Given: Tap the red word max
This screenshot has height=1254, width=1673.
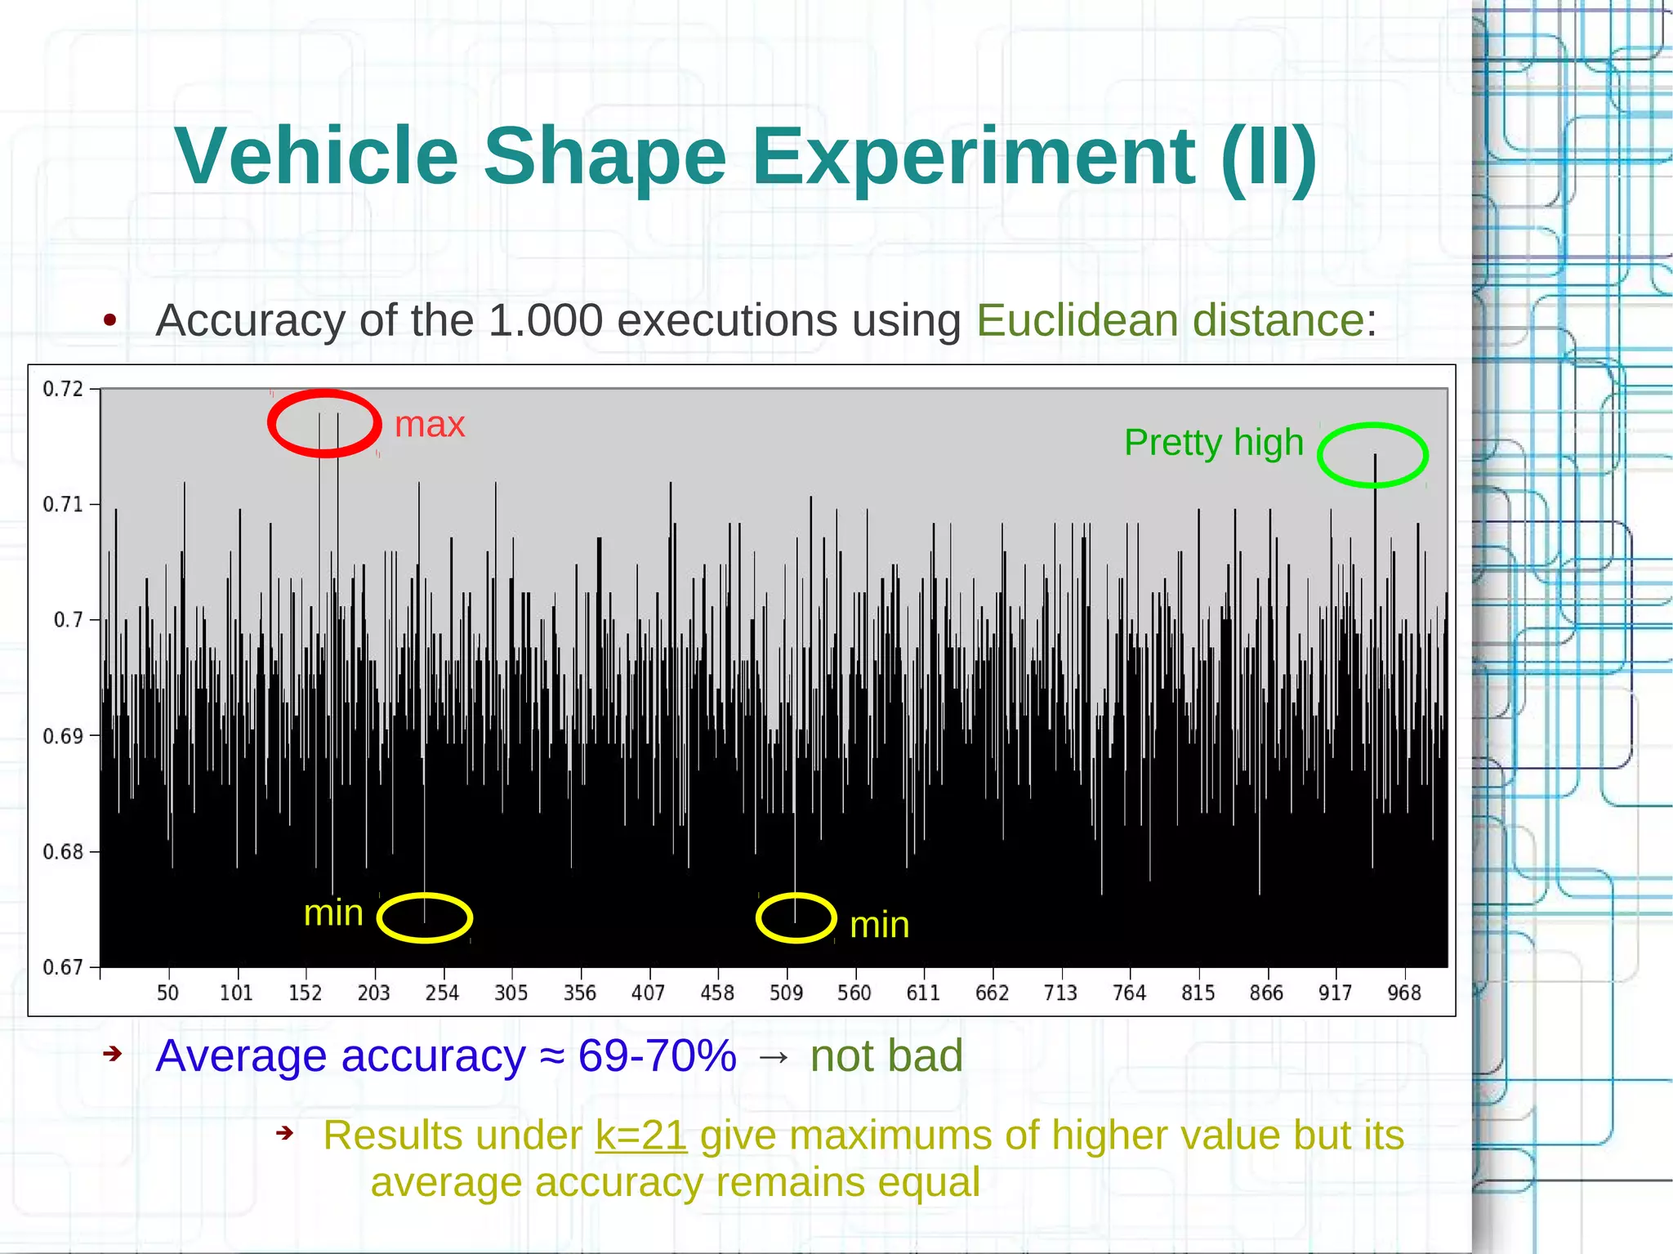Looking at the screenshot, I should pyautogui.click(x=429, y=424).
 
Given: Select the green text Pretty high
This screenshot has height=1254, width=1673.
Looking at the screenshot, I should pyautogui.click(x=1213, y=443).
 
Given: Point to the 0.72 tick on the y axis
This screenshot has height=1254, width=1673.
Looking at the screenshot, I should pyautogui.click(x=63, y=389).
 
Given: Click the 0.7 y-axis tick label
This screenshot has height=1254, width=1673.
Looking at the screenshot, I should pyautogui.click(x=68, y=620).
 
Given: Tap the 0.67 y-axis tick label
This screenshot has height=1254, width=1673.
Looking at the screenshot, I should pyautogui.click(x=63, y=968).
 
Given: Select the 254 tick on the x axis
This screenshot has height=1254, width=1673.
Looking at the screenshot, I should pyautogui.click(x=442, y=993).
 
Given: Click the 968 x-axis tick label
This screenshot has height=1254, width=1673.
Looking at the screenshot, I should pyautogui.click(x=1404, y=993).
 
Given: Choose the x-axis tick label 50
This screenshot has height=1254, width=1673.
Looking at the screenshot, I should pyautogui.click(x=167, y=993).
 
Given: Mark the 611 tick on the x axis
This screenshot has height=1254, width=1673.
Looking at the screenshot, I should pyautogui.click(x=923, y=993).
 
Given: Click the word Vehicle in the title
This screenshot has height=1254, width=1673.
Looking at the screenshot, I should pyautogui.click(x=316, y=157).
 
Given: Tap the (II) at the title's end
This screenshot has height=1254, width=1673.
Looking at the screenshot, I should pyautogui.click(x=1268, y=157).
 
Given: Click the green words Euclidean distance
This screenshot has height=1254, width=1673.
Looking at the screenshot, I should pyautogui.click(x=1170, y=319).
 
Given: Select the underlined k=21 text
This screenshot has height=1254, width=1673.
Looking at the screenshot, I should pyautogui.click(x=640, y=1135).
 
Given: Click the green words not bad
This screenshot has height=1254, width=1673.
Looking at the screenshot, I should pyautogui.click(x=886, y=1055).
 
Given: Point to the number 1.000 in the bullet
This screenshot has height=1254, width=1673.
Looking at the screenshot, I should pyautogui.click(x=545, y=319).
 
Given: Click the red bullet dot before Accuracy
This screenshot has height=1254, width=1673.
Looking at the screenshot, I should pyautogui.click(x=110, y=320).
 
